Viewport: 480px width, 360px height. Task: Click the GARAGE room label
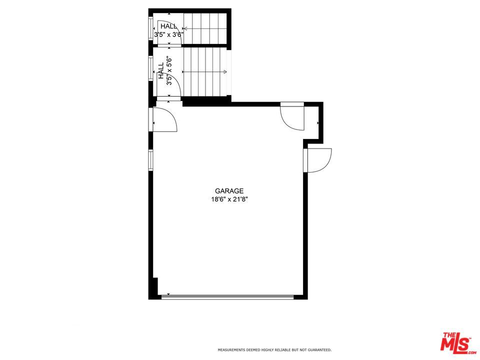pyautogui.click(x=229, y=190)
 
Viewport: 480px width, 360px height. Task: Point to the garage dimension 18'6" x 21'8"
pyautogui.click(x=229, y=199)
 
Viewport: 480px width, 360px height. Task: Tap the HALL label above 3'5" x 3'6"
pyautogui.click(x=168, y=26)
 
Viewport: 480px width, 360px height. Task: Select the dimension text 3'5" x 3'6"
pyautogui.click(x=168, y=34)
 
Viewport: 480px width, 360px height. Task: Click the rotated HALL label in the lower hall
pyautogui.click(x=161, y=70)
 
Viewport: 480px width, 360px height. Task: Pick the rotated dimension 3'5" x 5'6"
pyautogui.click(x=169, y=71)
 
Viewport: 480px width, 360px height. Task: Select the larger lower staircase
pyautogui.click(x=204, y=72)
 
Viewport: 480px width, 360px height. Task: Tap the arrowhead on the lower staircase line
pyautogui.click(x=225, y=72)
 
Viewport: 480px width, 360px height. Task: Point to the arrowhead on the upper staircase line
pyautogui.click(x=185, y=29)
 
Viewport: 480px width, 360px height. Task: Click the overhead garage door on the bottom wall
pyautogui.click(x=228, y=296)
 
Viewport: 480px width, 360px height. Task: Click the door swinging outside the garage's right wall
pyautogui.click(x=318, y=160)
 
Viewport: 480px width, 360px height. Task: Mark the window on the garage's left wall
pyautogui.click(x=150, y=159)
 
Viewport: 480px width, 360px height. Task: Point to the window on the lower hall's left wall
pyautogui.click(x=150, y=68)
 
